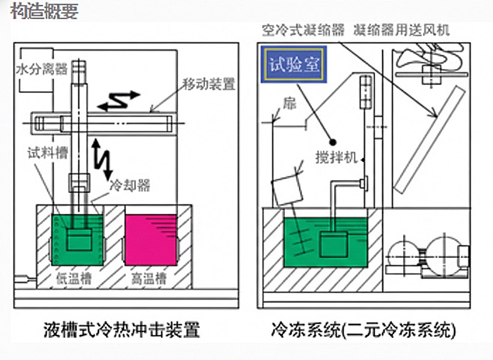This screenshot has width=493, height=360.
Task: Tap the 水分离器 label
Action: pos(41,70)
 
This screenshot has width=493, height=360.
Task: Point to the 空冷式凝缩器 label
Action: pos(303,29)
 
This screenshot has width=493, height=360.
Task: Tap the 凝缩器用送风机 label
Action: pos(401,29)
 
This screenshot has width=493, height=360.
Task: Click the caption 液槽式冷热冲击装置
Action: pos(121,330)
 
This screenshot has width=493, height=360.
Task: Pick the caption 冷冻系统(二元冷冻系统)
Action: pos(363,330)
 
